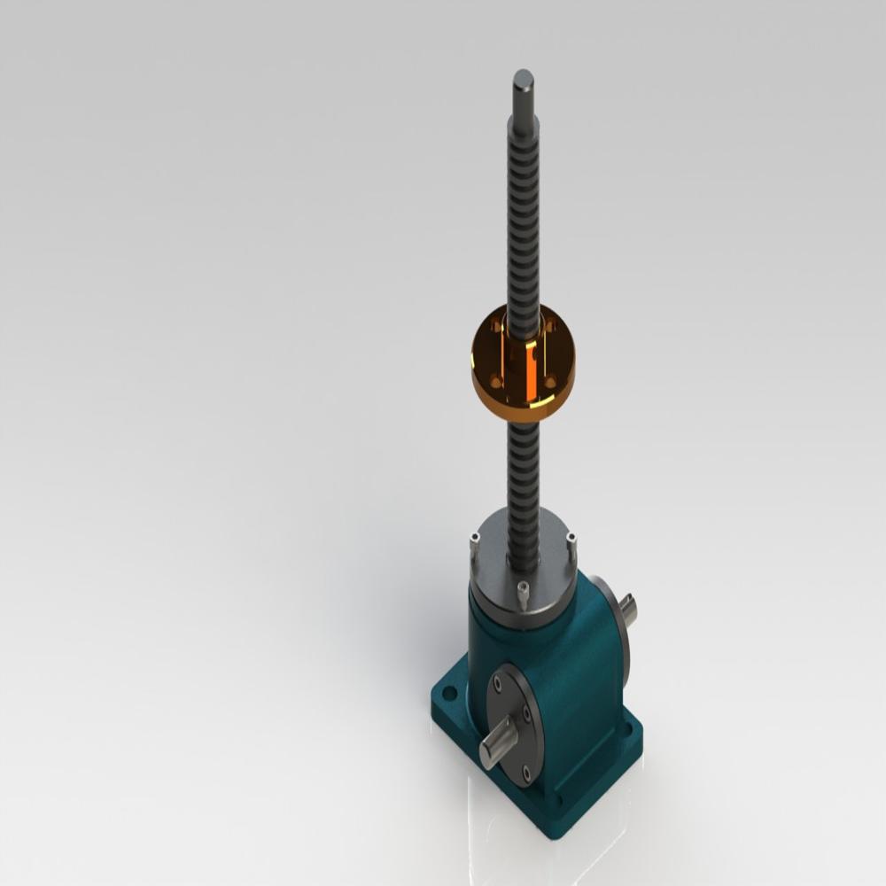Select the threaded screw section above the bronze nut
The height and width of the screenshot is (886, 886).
click(x=523, y=221)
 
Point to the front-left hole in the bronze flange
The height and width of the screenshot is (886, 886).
click(x=495, y=382)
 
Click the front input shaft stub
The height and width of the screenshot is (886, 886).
click(x=496, y=749)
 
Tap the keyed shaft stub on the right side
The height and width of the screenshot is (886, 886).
click(x=628, y=610)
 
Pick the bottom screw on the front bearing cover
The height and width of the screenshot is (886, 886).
click(x=527, y=773)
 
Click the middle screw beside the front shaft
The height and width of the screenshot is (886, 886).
click(x=528, y=713)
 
